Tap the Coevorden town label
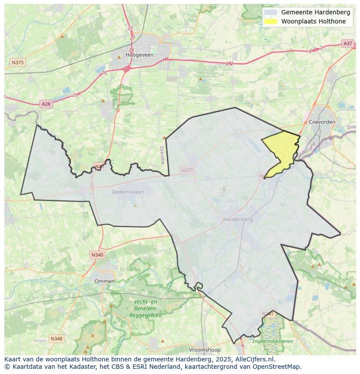322,122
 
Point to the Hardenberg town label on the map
238,219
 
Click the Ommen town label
104,281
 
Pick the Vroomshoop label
205,350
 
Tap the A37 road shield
347,43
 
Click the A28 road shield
46,104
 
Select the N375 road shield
17,63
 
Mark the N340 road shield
97,255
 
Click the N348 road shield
56,338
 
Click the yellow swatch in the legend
270,21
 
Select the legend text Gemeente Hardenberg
315,12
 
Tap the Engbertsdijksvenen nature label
273,341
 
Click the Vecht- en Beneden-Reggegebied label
145,308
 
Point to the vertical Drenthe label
162,155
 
